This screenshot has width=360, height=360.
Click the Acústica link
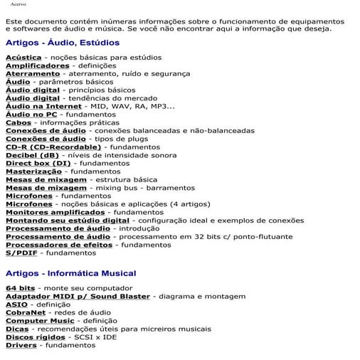point(22,56)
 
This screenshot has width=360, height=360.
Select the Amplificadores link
point(38,65)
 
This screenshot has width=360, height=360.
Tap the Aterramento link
point(33,73)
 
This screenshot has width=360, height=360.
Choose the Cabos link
point(18,123)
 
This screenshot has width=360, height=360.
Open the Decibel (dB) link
point(33,155)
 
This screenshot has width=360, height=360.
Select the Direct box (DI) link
point(38,164)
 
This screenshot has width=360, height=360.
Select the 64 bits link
point(20,288)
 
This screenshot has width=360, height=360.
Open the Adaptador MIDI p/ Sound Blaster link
point(78,296)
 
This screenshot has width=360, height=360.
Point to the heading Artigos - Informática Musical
point(70,273)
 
